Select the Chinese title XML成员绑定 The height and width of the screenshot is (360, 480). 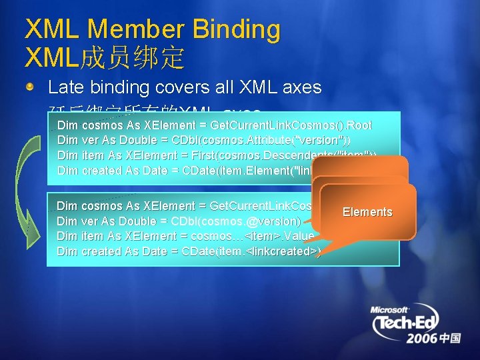click(103, 58)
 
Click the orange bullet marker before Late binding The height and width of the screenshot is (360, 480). click(31, 87)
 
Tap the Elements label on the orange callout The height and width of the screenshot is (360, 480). click(367, 212)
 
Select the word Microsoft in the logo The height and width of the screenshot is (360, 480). click(390, 309)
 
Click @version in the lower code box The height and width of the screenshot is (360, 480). click(275, 221)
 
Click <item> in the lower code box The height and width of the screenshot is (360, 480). click(263, 236)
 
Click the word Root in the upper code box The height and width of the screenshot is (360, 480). click(359, 125)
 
